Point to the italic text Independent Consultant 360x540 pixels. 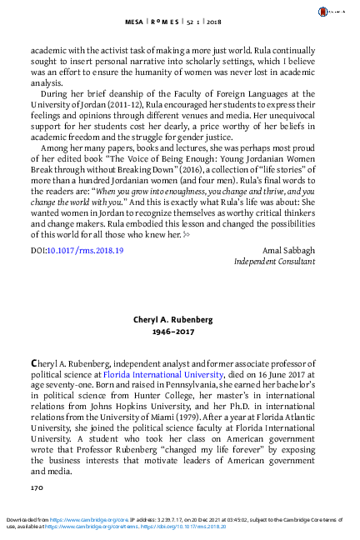(274, 261)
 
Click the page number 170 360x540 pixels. (37, 485)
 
